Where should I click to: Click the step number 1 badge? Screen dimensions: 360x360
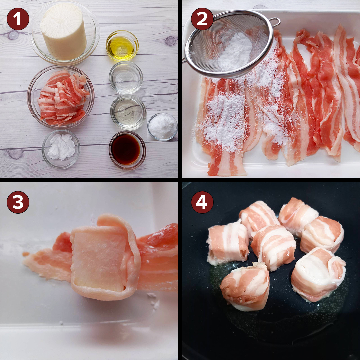point(18,19)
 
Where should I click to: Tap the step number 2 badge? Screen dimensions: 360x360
point(202,19)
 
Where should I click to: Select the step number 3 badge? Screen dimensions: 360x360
point(18,202)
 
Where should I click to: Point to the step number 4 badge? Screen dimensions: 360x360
point(202,202)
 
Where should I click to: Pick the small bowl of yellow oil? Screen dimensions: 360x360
point(122,46)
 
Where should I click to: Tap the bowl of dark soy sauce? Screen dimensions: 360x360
point(127,150)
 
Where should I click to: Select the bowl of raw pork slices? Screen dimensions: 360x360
point(61,97)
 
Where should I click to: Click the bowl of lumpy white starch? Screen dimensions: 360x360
point(61,149)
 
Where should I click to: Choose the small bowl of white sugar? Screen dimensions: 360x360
point(163,127)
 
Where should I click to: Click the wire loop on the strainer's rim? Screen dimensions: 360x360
point(275,22)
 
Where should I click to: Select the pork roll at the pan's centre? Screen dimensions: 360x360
point(273,247)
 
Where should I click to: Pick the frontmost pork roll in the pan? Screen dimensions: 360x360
point(245,287)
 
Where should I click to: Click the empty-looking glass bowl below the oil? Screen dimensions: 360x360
point(126,78)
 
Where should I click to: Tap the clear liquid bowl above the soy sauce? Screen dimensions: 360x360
point(128,113)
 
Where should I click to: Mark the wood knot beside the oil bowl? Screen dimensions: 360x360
point(170,41)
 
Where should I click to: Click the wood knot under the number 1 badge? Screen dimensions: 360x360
point(13,35)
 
